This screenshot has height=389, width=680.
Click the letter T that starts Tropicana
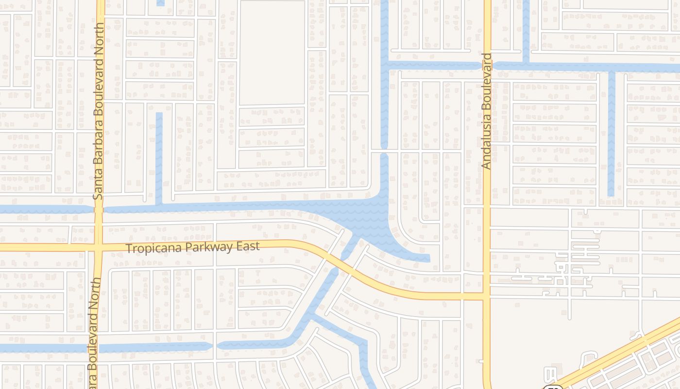click(x=129, y=248)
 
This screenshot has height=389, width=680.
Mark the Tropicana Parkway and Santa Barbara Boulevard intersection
click(x=99, y=248)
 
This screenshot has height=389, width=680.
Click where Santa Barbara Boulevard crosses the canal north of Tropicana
click(x=99, y=209)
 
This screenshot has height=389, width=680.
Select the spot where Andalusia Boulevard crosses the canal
click(x=487, y=65)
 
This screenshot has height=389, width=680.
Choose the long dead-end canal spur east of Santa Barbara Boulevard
click(x=159, y=156)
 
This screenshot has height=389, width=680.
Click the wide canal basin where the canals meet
click(x=369, y=214)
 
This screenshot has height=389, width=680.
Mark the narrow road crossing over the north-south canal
click(x=384, y=151)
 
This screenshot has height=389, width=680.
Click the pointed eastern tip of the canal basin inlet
click(x=428, y=258)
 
